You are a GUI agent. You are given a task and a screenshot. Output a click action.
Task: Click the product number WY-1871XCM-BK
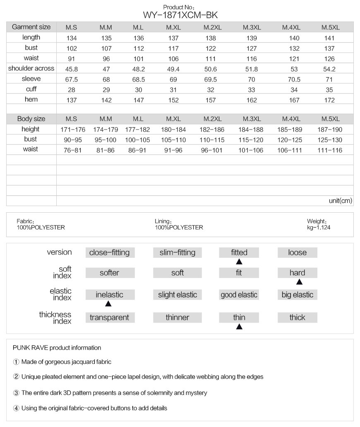180,15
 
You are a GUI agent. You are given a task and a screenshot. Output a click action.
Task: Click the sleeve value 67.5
71,79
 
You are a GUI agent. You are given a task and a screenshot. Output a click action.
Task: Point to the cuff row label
31,89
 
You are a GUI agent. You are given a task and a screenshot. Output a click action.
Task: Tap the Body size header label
31,119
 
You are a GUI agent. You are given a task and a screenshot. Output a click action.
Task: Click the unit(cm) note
340,201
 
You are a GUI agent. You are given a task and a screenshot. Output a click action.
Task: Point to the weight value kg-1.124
319,227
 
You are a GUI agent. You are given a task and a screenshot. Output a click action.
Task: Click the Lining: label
163,221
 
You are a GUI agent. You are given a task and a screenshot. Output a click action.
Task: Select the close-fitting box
110,252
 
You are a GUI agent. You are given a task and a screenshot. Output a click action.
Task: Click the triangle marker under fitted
239,262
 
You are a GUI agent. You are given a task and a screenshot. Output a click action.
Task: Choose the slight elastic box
178,295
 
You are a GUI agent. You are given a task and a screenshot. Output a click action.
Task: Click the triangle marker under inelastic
108,304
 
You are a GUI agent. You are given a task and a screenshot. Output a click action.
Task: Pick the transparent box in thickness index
110,317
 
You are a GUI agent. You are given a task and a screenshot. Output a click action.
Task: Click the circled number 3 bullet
16,393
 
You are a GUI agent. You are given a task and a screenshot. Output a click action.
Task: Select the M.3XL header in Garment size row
251,28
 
